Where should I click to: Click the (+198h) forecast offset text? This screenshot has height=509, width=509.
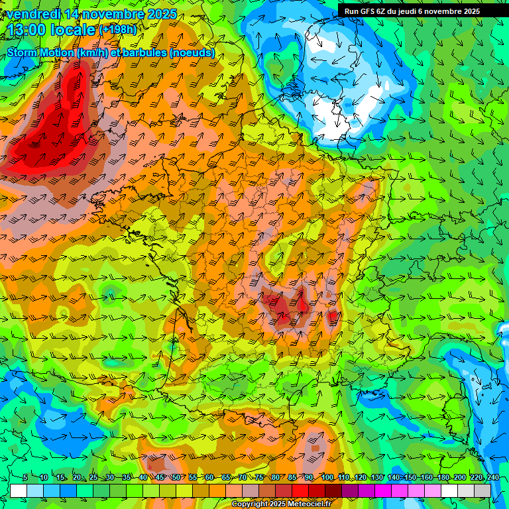pyautogui.click(x=119, y=30)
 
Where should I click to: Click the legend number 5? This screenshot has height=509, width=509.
pyautogui.click(x=25, y=477)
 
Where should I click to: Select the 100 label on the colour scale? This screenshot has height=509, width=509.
pyautogui.click(x=327, y=477)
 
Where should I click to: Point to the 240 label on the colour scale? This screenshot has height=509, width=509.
pyautogui.click(x=492, y=477)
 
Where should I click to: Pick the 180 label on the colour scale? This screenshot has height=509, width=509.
pyautogui.click(x=443, y=477)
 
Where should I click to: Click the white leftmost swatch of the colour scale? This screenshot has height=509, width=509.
pyautogui.click(x=18, y=490)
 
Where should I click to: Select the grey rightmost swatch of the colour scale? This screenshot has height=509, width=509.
pyautogui.click(x=482, y=490)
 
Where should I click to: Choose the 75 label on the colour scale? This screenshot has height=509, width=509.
pyautogui.click(x=259, y=477)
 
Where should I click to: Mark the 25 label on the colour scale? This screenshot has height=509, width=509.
pyautogui.click(x=93, y=477)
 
